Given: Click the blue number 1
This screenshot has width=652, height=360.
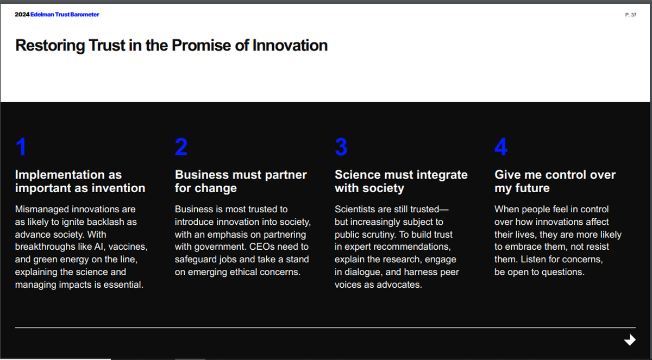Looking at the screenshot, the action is pos(21,147).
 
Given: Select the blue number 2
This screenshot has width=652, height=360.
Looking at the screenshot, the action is pos(181,147).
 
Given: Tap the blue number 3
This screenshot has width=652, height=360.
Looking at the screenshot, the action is pos(341,147).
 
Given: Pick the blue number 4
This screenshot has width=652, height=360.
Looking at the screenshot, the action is pos(501,147).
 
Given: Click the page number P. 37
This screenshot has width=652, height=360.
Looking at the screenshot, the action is pos(631,15).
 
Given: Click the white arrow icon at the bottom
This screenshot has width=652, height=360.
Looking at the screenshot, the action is pos(630,340).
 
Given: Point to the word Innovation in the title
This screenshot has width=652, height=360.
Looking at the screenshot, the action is pos(290,46).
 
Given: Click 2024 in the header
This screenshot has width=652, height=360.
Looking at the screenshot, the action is pos(22,15).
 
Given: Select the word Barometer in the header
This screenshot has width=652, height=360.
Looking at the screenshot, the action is pos(85,15).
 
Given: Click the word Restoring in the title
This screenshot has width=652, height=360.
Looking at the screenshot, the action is pos(50,46).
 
